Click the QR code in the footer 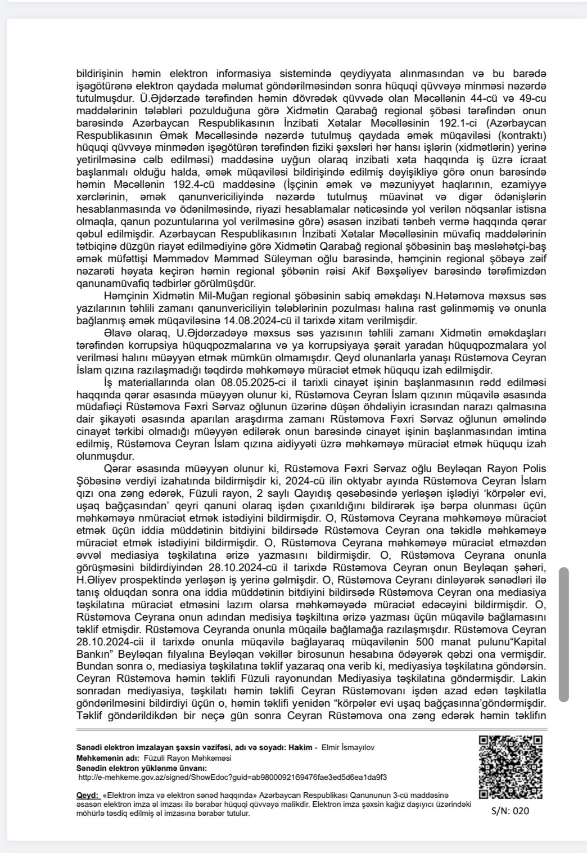coord(509,766)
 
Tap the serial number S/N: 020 coord(509,811)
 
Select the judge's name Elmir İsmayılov coord(347,747)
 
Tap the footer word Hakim coord(300,747)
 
